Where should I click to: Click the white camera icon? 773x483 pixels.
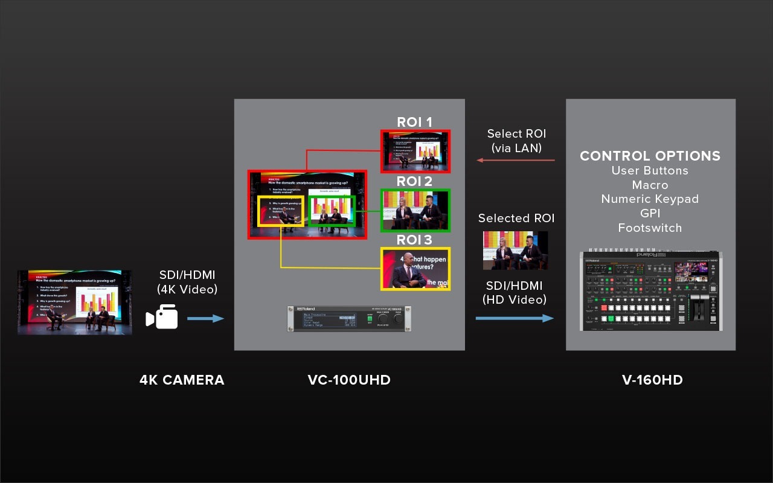point(162,317)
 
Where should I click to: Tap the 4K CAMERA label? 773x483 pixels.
point(182,380)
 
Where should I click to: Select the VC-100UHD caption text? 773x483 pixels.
point(349,380)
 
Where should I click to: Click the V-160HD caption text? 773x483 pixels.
point(652,380)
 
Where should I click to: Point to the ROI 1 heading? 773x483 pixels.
point(414,123)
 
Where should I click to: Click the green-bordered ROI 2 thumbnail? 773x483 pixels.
point(415,210)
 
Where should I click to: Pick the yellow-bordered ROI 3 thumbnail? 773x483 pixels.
point(415,268)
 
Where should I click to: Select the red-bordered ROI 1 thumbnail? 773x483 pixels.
point(415,151)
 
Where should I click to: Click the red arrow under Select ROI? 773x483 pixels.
point(516,160)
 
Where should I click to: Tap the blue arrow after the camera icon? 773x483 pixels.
point(205,318)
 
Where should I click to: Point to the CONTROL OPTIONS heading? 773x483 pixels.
point(650,156)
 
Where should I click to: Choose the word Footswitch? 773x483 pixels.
point(650,228)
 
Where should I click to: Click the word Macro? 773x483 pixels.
point(650,185)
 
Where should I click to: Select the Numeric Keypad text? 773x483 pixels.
point(650,199)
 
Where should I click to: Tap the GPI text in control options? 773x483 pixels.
point(650,214)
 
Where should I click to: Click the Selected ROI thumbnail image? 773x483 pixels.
point(515,250)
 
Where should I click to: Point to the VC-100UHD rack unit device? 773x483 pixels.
point(349,318)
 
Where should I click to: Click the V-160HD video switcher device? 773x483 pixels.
point(651,291)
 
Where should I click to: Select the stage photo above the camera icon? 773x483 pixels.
point(75,302)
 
